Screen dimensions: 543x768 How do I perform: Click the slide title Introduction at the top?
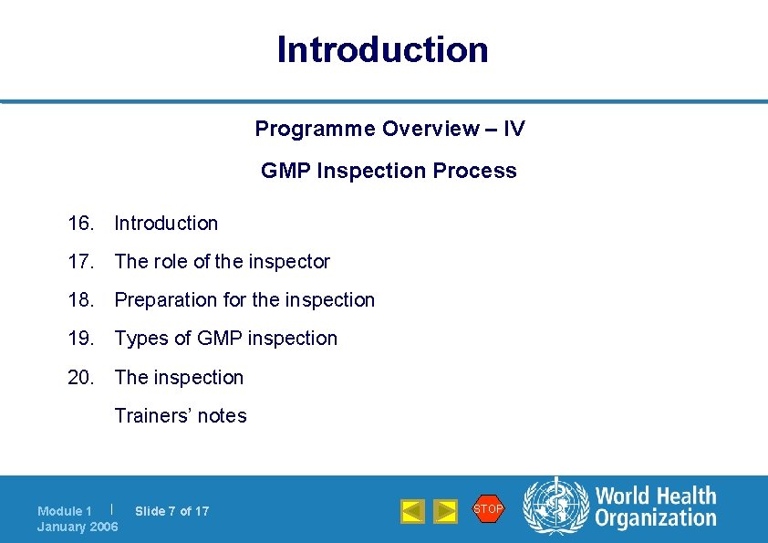383,49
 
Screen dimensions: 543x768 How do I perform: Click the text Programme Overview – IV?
389,129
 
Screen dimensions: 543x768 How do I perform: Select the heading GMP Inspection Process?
389,171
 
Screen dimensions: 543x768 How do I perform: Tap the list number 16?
80,224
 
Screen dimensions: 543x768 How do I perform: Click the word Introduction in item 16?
166,224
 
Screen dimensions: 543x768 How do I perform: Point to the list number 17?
80,262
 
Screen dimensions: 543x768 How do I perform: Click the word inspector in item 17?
287,262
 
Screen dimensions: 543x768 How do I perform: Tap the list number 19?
80,339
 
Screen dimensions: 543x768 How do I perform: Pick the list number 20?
80,378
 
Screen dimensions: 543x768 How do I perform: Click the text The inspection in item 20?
179,378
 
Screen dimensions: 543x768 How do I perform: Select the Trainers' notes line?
180,416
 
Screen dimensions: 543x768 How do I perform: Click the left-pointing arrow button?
412,511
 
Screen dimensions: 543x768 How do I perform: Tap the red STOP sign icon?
488,508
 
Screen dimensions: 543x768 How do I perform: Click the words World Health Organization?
655,507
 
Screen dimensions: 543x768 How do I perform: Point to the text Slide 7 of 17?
171,511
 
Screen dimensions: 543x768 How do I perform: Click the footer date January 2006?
78,527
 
